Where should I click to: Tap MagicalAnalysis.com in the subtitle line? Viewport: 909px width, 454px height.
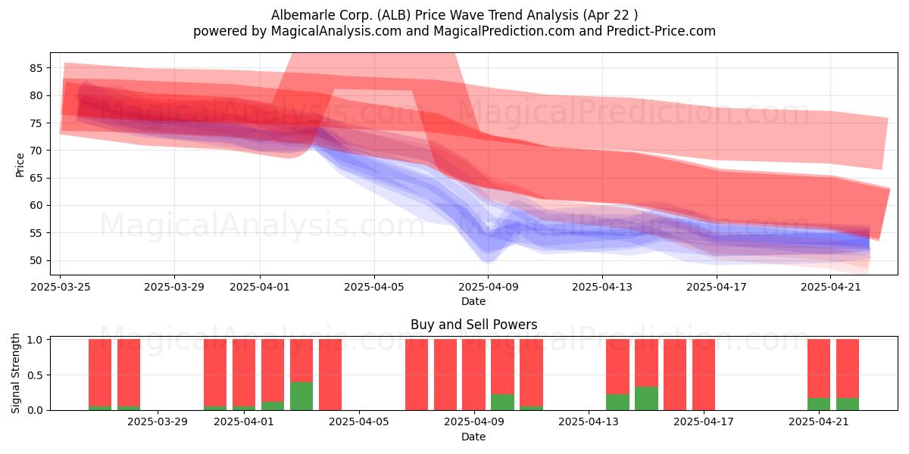pos(336,31)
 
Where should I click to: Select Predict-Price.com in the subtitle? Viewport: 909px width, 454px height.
pos(661,31)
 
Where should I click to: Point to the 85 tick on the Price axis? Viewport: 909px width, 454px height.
pos(36,68)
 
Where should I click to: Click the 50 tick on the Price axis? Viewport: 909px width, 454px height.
pos(36,260)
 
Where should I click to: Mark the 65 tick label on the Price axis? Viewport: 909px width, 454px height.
pos(36,178)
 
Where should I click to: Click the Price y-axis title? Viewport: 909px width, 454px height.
pos(20,165)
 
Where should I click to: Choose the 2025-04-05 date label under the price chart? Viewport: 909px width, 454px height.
pos(374,287)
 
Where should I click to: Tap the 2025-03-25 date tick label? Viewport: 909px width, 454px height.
pos(61,287)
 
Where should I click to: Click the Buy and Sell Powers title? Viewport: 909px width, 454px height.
pos(473,325)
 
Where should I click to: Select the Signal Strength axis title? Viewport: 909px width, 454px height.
pos(15,373)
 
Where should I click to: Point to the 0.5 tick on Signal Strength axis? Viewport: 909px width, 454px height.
pos(35,375)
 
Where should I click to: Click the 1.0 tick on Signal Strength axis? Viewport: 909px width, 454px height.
pos(35,340)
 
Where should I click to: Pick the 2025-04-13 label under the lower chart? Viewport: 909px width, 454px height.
pos(589,422)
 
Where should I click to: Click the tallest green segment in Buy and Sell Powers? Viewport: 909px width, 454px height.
pos(301,396)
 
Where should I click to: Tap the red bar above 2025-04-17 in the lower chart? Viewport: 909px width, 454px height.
pos(704,375)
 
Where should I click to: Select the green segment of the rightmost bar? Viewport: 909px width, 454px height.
pos(848,404)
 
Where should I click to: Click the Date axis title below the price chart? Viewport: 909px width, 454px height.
pos(473,301)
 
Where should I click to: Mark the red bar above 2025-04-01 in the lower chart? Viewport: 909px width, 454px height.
pos(244,373)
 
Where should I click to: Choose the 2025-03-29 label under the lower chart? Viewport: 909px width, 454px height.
pos(158,422)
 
